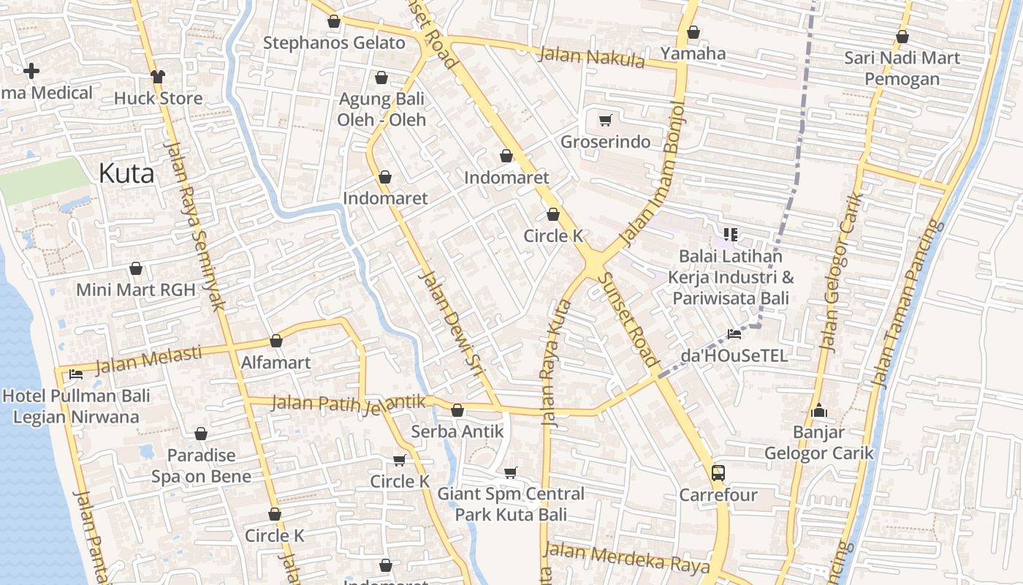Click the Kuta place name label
click(126, 174)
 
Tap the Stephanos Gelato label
click(334, 43)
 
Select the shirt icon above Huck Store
click(158, 76)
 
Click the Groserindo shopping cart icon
click(605, 120)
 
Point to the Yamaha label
click(693, 53)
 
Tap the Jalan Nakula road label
click(592, 56)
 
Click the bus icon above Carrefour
click(718, 472)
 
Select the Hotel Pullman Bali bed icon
click(75, 374)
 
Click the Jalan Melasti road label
click(149, 359)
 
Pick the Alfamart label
click(276, 363)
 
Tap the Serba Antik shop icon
click(457, 411)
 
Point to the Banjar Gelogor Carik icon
click(819, 410)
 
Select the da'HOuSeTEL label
click(734, 356)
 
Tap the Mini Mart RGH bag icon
click(136, 268)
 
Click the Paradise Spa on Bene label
click(201, 466)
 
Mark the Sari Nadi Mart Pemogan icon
click(902, 37)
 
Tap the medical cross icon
click(31, 71)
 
